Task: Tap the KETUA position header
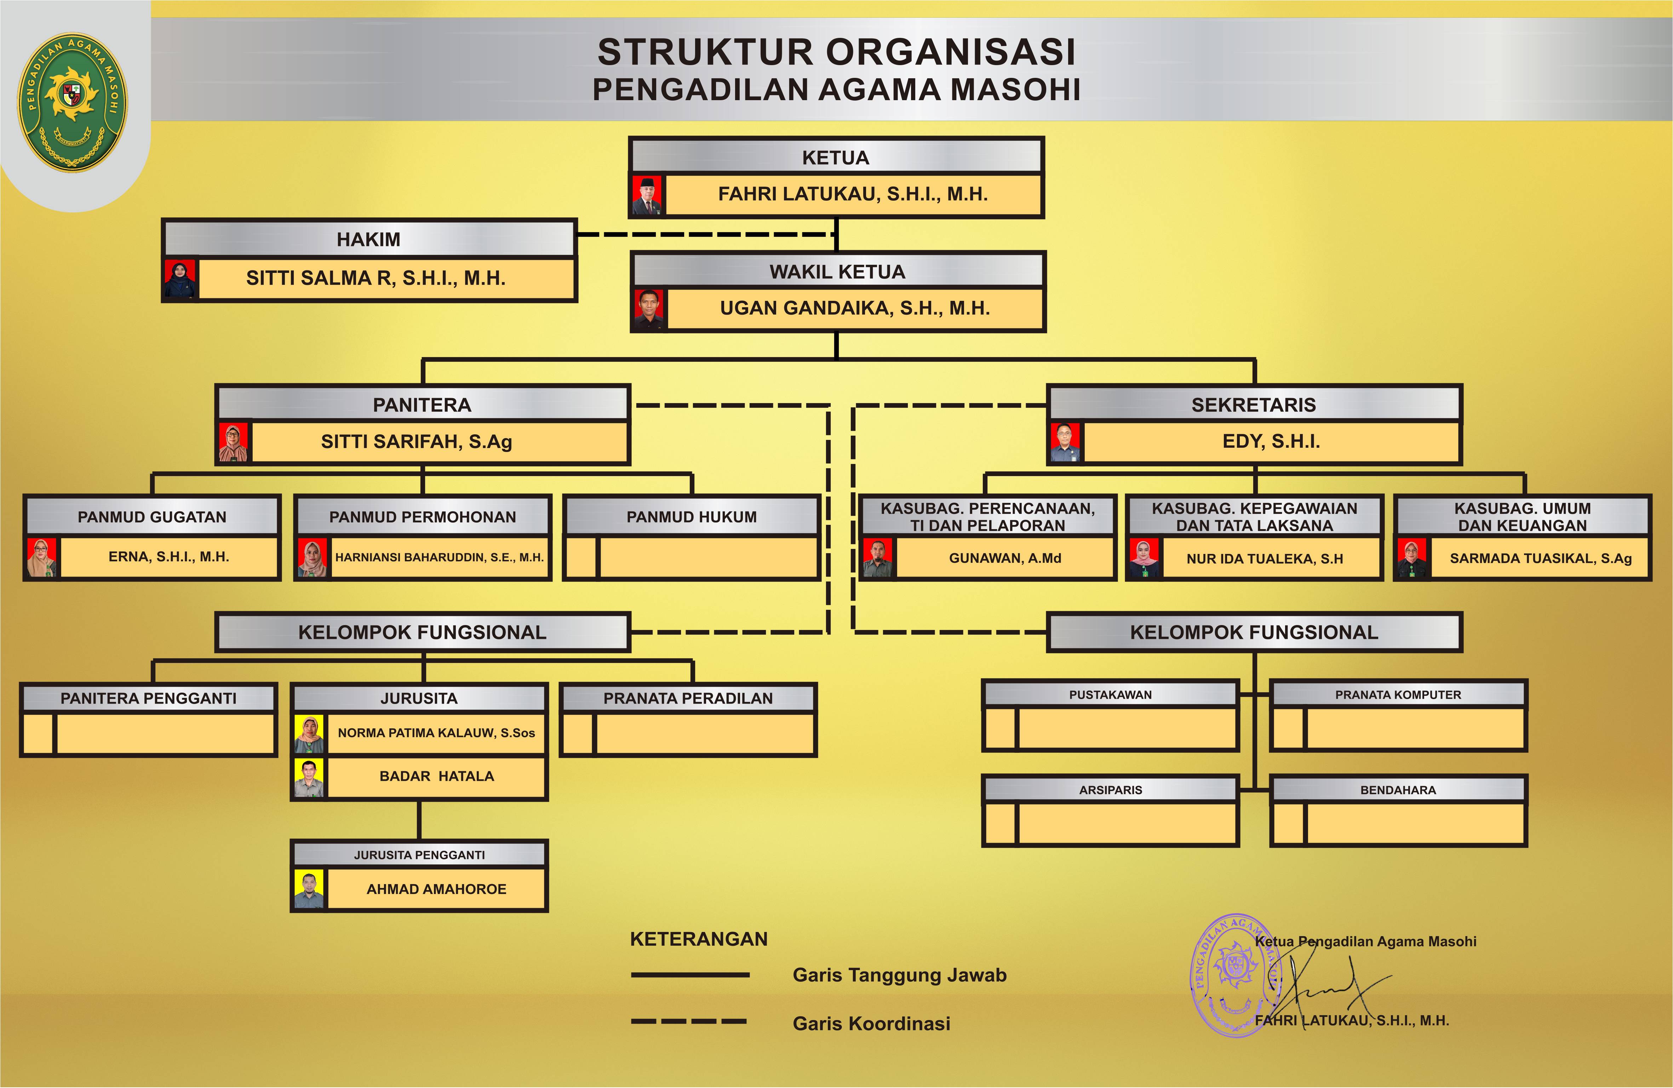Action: pos(836,158)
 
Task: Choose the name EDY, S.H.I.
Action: pos(1271,441)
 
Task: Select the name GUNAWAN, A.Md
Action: pos(1004,558)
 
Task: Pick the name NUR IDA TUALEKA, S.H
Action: pos(1265,559)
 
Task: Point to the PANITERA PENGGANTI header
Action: pos(148,698)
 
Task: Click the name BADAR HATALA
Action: pos(436,776)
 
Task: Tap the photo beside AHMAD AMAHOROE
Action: pos(309,889)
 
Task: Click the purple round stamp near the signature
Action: pos(1234,975)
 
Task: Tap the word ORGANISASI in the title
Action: pos(950,52)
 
